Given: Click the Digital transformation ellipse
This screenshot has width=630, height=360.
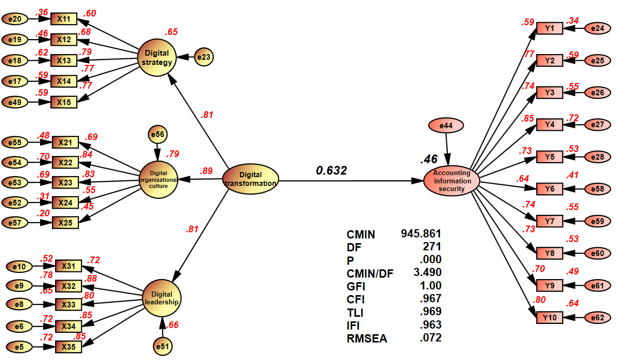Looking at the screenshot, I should coord(250,180).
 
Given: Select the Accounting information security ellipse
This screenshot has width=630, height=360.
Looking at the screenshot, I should coord(452,181).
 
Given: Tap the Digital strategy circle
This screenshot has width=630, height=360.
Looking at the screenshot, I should coord(157,57).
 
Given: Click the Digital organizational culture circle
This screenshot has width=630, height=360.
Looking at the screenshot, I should coord(159,180).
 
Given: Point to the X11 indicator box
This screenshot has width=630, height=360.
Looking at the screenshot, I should coord(63,19).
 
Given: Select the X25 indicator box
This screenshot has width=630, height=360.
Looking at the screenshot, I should coord(65,222).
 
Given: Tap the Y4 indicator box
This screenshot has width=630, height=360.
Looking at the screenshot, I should coord(550,124).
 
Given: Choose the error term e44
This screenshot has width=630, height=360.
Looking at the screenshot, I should coord(446,125).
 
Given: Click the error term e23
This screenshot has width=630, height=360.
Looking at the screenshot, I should coord(204,57).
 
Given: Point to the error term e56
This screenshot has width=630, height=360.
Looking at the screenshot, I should coord(157,134).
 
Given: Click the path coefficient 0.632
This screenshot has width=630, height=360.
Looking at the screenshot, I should coord(331,170).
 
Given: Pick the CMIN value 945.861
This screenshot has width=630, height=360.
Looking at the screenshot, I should coord(421,233).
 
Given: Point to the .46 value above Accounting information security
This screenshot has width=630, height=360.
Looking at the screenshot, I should coord(429,160).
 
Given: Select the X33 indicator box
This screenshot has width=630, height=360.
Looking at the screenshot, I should coord(68,305).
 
